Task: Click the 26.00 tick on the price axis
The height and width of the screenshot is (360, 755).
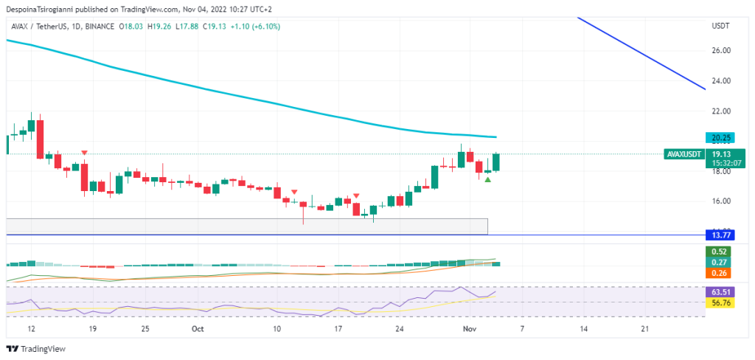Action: (x=720, y=50)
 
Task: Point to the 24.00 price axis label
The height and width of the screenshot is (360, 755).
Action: (x=720, y=80)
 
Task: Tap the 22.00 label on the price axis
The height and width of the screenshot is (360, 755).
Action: (x=720, y=111)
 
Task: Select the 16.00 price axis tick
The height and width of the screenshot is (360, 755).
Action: (x=720, y=201)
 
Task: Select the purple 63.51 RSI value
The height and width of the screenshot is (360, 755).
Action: (x=717, y=291)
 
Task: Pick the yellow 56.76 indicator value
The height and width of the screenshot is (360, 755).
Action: (x=717, y=302)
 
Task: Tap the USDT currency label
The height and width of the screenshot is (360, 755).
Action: (x=720, y=26)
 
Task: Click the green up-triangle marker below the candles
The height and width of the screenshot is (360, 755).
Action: (x=487, y=179)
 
